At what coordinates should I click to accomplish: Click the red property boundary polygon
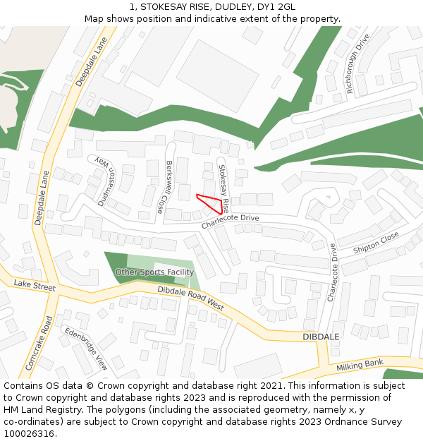pyautogui.click(x=211, y=203)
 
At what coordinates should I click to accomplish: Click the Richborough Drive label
pyautogui.click(x=358, y=64)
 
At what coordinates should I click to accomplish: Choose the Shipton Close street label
pyautogui.click(x=376, y=241)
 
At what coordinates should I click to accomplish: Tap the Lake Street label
pyautogui.click(x=34, y=284)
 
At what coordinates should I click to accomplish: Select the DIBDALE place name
pyautogui.click(x=321, y=337)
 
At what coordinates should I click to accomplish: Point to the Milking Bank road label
pyautogui.click(x=360, y=364)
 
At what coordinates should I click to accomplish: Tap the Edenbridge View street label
pyautogui.click(x=86, y=349)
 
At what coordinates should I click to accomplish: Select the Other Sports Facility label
pyautogui.click(x=154, y=272)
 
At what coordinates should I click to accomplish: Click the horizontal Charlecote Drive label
pyautogui.click(x=230, y=222)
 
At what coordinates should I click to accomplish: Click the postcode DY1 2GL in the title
pyautogui.click(x=276, y=7)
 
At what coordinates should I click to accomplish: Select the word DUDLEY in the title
pyautogui.click(x=229, y=7)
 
